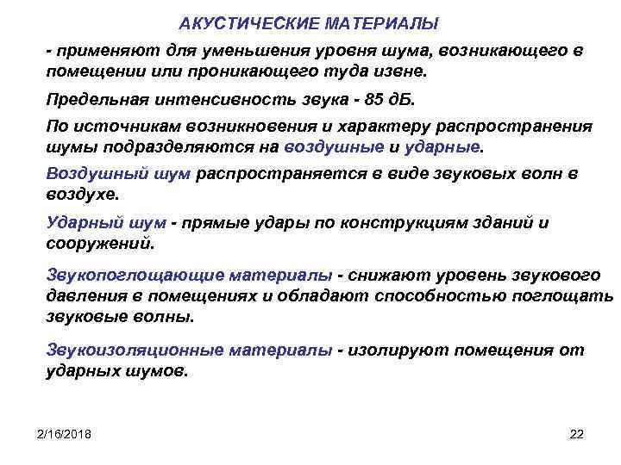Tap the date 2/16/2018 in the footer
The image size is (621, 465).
pyautogui.click(x=66, y=432)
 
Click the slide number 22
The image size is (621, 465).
pyautogui.click(x=577, y=432)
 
